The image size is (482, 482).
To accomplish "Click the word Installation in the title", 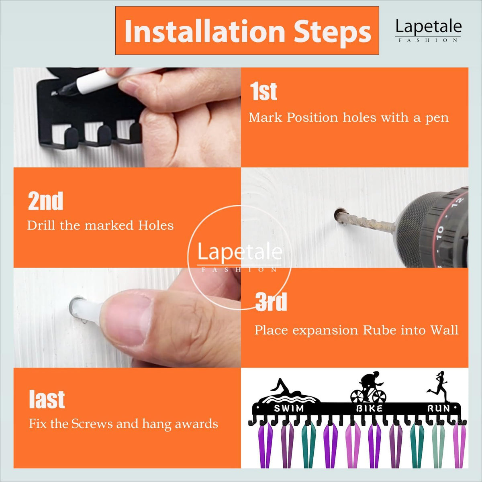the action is tap(205, 31).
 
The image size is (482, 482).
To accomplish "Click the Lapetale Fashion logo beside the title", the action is tap(429, 31).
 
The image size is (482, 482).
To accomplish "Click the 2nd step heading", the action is tap(45, 201).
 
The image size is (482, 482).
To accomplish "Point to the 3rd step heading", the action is tap(271, 302).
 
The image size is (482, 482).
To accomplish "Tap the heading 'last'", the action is tap(47, 399).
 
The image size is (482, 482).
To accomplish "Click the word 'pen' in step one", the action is tap(437, 118).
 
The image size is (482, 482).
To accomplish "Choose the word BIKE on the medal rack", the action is tap(370, 408).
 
